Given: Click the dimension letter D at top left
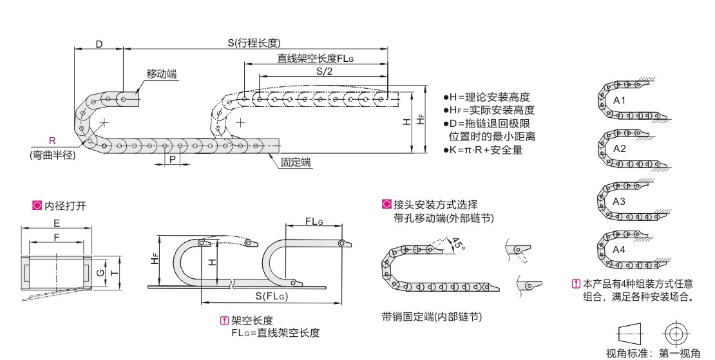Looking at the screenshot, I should point(99,44).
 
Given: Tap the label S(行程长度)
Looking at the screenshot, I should point(253,43).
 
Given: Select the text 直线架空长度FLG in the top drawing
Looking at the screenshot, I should point(316,59).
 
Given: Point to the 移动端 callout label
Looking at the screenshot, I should point(162,74).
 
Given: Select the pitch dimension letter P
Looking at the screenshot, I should point(172,159).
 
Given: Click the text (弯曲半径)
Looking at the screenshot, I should point(52,155).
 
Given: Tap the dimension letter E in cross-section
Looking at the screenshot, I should point(57,223).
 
